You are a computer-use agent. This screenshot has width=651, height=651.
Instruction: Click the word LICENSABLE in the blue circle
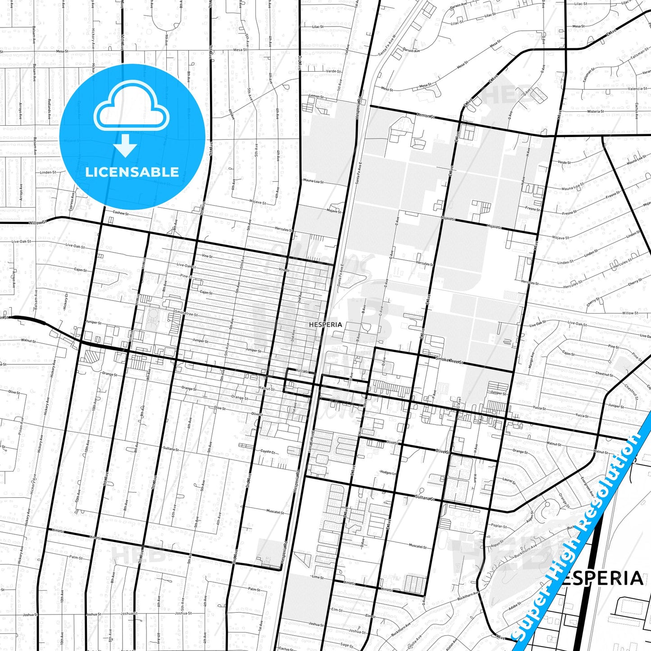coord(132,172)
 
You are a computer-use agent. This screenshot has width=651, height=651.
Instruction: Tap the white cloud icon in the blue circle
coord(132,108)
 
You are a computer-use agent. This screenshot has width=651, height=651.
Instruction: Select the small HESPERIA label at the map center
coord(325,324)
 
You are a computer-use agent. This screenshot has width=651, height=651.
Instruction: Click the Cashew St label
coord(121,213)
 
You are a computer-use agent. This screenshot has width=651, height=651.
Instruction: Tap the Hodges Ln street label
coord(388,473)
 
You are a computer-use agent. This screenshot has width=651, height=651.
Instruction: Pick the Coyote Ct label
coord(268,451)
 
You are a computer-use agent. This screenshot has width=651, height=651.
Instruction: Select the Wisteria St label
coord(595,111)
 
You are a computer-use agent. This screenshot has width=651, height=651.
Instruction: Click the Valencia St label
coord(637,89)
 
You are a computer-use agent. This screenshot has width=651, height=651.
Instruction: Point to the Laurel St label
coord(509,481)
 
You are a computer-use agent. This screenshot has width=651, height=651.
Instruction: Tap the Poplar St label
coord(499,526)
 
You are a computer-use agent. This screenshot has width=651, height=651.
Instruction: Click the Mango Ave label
coord(532,360)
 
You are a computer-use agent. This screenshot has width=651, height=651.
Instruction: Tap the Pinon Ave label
coord(21,426)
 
